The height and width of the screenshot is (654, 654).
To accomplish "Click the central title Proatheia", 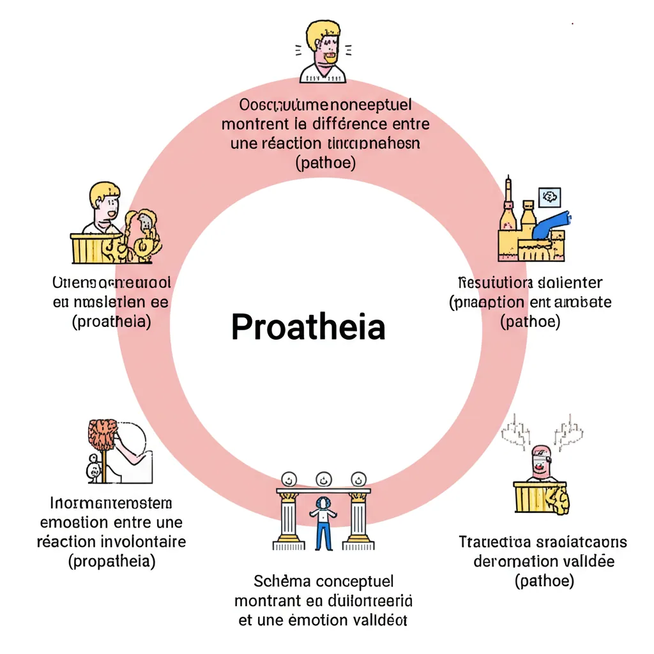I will [308, 327].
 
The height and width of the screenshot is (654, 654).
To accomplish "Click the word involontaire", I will [144, 542].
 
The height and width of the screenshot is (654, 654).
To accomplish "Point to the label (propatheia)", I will [112, 561].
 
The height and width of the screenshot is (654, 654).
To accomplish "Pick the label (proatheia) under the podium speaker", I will [112, 321].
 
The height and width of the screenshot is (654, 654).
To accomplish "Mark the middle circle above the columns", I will [323, 478].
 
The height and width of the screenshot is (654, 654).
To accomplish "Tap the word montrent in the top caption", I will [250, 123].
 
